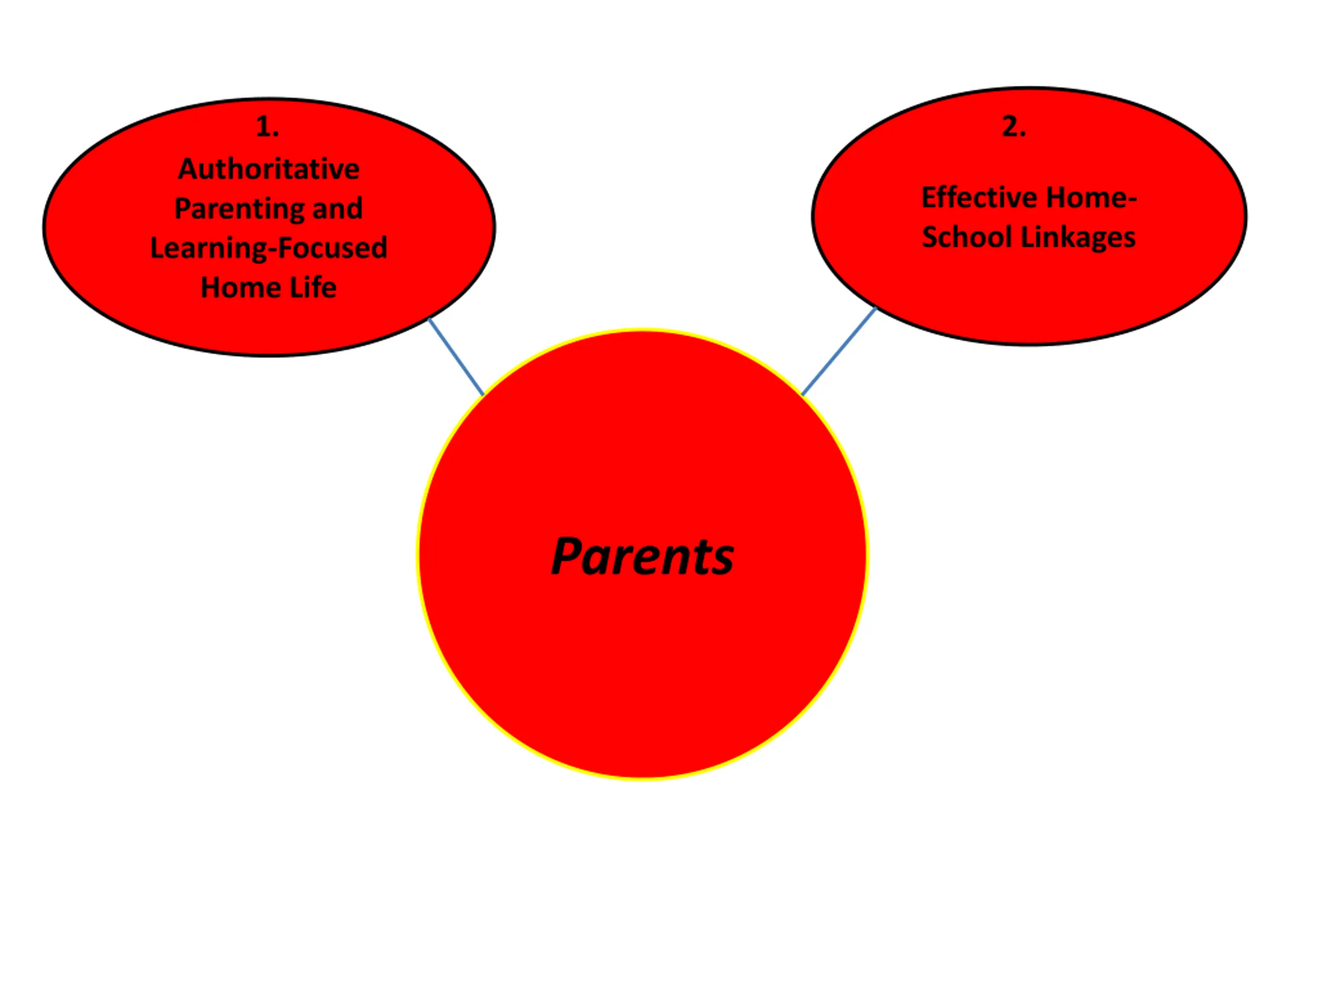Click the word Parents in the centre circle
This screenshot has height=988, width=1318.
(x=643, y=557)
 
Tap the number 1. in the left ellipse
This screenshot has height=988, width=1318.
(x=267, y=127)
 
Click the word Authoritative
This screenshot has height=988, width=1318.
(x=269, y=169)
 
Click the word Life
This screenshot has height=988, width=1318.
(x=313, y=288)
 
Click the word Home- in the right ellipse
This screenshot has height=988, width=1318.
(x=1091, y=198)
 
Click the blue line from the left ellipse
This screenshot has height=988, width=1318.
(x=456, y=357)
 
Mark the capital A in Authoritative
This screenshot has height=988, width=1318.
(x=188, y=169)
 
